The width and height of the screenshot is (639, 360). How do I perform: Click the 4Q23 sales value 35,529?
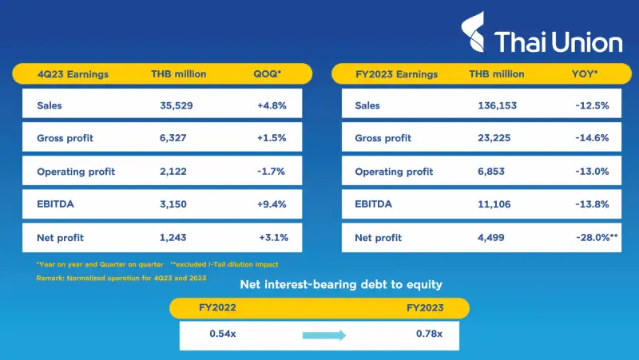(177, 105)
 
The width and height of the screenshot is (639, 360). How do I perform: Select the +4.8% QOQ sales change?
(272, 105)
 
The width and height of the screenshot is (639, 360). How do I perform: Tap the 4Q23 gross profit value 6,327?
(176, 138)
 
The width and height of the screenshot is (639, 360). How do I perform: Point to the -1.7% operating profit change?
(273, 172)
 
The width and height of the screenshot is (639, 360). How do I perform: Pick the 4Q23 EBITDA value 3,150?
(176, 204)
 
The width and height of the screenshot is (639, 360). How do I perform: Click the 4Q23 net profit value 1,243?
(176, 238)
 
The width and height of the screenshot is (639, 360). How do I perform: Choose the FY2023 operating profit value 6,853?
(495, 172)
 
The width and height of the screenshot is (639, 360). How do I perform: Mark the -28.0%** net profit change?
(595, 238)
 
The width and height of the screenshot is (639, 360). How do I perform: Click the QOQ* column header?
(268, 74)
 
